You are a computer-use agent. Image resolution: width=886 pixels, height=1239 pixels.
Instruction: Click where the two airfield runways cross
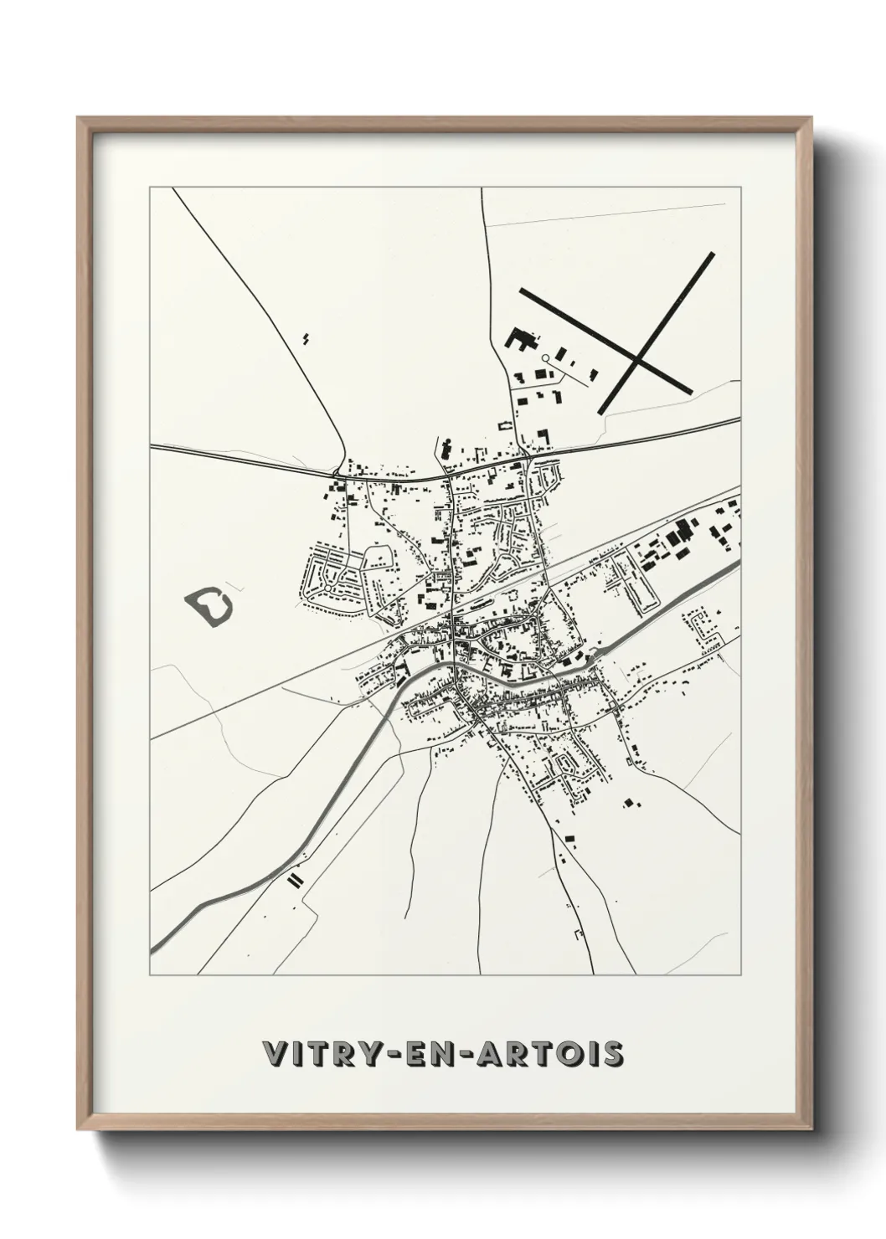tap(639, 360)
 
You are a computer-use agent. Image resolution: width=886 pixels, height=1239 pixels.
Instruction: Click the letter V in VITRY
tap(275, 1054)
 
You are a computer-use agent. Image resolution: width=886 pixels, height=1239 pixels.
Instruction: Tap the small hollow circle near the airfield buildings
tap(545, 358)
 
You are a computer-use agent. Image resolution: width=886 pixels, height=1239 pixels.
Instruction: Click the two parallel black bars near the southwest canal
tap(295, 880)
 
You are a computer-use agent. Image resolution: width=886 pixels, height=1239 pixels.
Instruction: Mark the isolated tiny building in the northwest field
tap(306, 338)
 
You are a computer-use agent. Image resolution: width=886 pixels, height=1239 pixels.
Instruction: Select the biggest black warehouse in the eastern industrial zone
tap(686, 529)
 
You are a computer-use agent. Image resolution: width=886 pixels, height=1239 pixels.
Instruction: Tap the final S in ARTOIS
tap(613, 1054)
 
